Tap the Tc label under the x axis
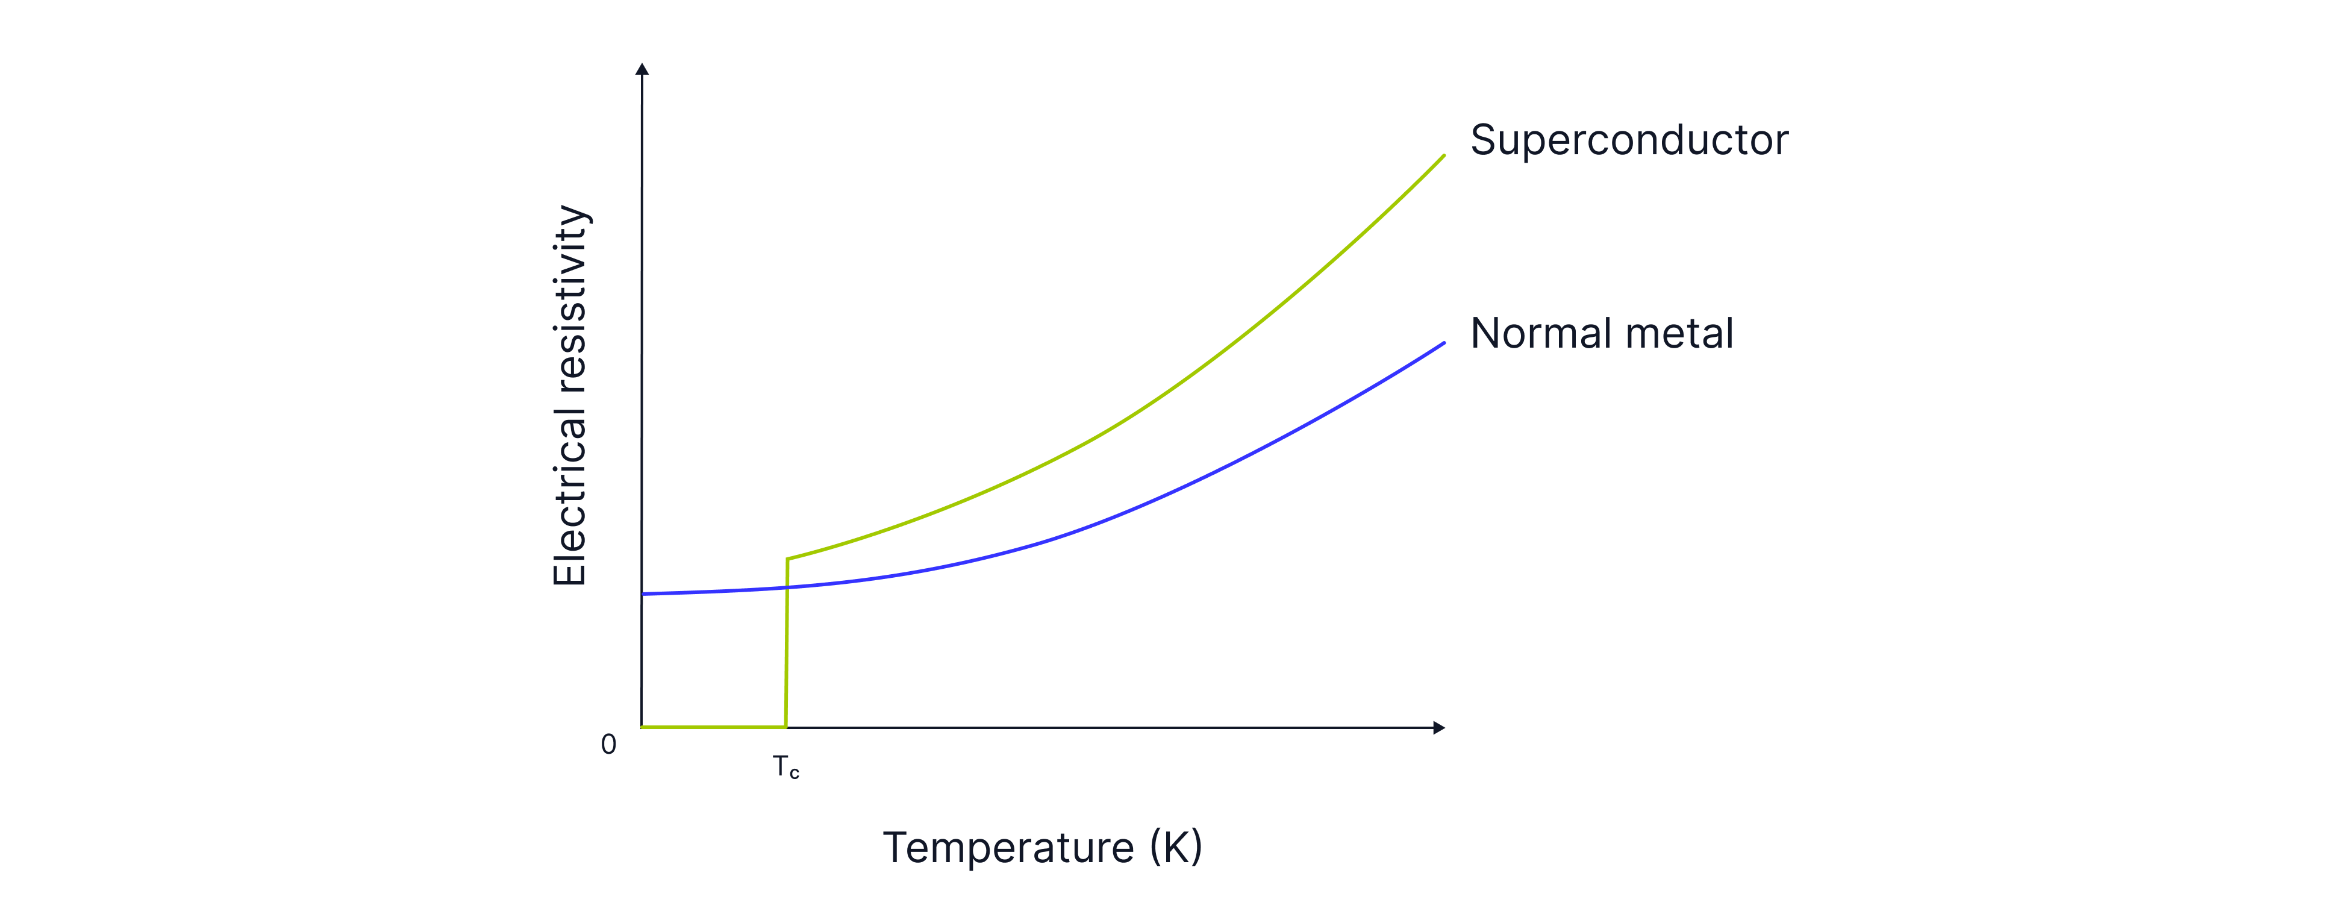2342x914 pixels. (x=785, y=768)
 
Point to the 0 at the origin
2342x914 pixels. (x=608, y=745)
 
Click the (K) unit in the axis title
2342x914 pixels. (x=1176, y=848)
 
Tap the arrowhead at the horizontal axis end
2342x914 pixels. (x=1438, y=728)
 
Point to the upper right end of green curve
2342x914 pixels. (x=1444, y=157)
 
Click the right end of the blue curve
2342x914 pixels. (x=1444, y=344)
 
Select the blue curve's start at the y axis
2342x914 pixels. (x=644, y=594)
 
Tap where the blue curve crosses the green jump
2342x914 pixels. (x=787, y=587)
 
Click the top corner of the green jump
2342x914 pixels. (x=787, y=559)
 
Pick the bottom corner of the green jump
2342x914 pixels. (x=785, y=727)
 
